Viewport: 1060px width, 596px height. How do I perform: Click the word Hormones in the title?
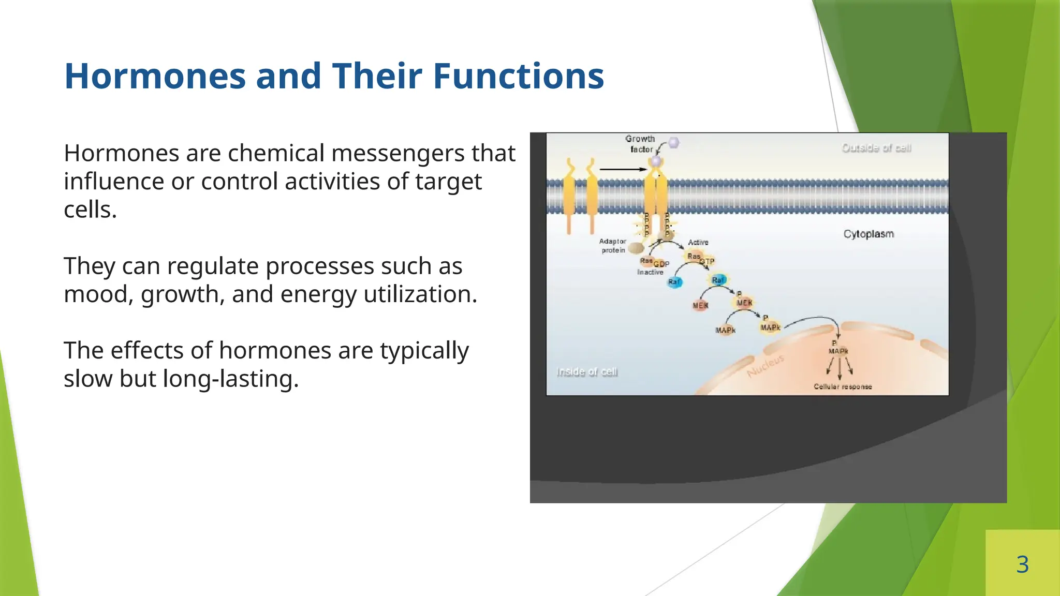[155, 76]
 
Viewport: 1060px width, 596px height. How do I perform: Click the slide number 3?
[1022, 564]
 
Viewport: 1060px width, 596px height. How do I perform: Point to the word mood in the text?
[95, 294]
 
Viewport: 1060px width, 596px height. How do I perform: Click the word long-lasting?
[230, 379]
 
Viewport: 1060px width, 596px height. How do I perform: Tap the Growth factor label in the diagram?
[641, 144]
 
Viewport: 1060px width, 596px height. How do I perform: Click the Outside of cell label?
[876, 148]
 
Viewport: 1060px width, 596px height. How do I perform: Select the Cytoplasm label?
[868, 234]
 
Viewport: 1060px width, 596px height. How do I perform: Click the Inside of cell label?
[586, 371]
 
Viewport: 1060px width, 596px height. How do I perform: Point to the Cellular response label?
[843, 386]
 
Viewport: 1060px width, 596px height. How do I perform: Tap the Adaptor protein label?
[613, 246]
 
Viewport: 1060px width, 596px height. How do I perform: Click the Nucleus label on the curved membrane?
[766, 366]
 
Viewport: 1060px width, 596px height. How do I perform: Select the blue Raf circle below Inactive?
[674, 282]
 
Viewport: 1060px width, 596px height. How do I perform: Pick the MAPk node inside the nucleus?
[838, 351]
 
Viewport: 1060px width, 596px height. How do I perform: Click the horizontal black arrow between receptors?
[623, 169]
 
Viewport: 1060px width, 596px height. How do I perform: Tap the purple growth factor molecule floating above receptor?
[673, 142]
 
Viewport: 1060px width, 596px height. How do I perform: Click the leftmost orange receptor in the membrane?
[569, 197]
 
